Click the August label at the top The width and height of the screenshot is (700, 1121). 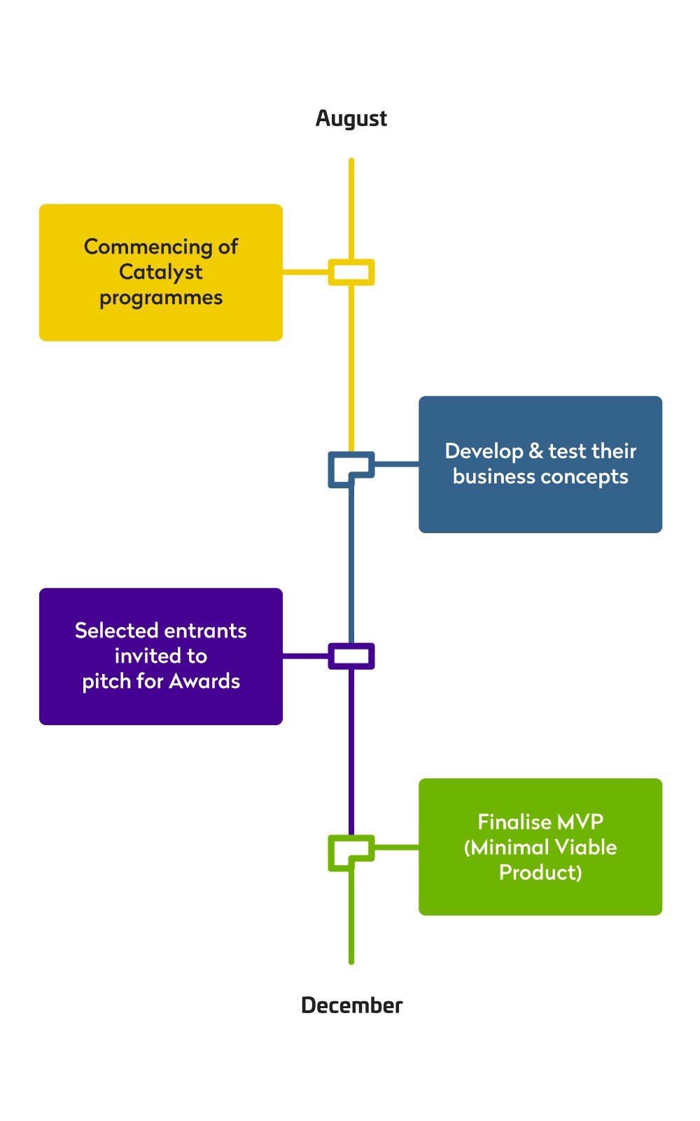(351, 118)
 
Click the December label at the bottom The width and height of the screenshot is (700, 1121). (351, 1005)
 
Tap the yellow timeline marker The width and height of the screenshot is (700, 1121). (351, 272)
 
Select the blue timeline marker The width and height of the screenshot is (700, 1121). (351, 468)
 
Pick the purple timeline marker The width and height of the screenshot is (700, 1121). (351, 656)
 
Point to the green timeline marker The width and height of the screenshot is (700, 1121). (351, 852)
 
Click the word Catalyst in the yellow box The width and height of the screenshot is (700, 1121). (160, 272)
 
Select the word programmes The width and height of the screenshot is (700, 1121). (161, 298)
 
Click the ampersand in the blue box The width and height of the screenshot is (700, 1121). (536, 451)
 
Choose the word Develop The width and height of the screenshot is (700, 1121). (484, 452)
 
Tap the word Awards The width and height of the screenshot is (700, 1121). (204, 681)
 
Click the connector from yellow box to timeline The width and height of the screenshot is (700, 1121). (306, 272)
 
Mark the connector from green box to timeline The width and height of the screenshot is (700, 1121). (396, 848)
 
